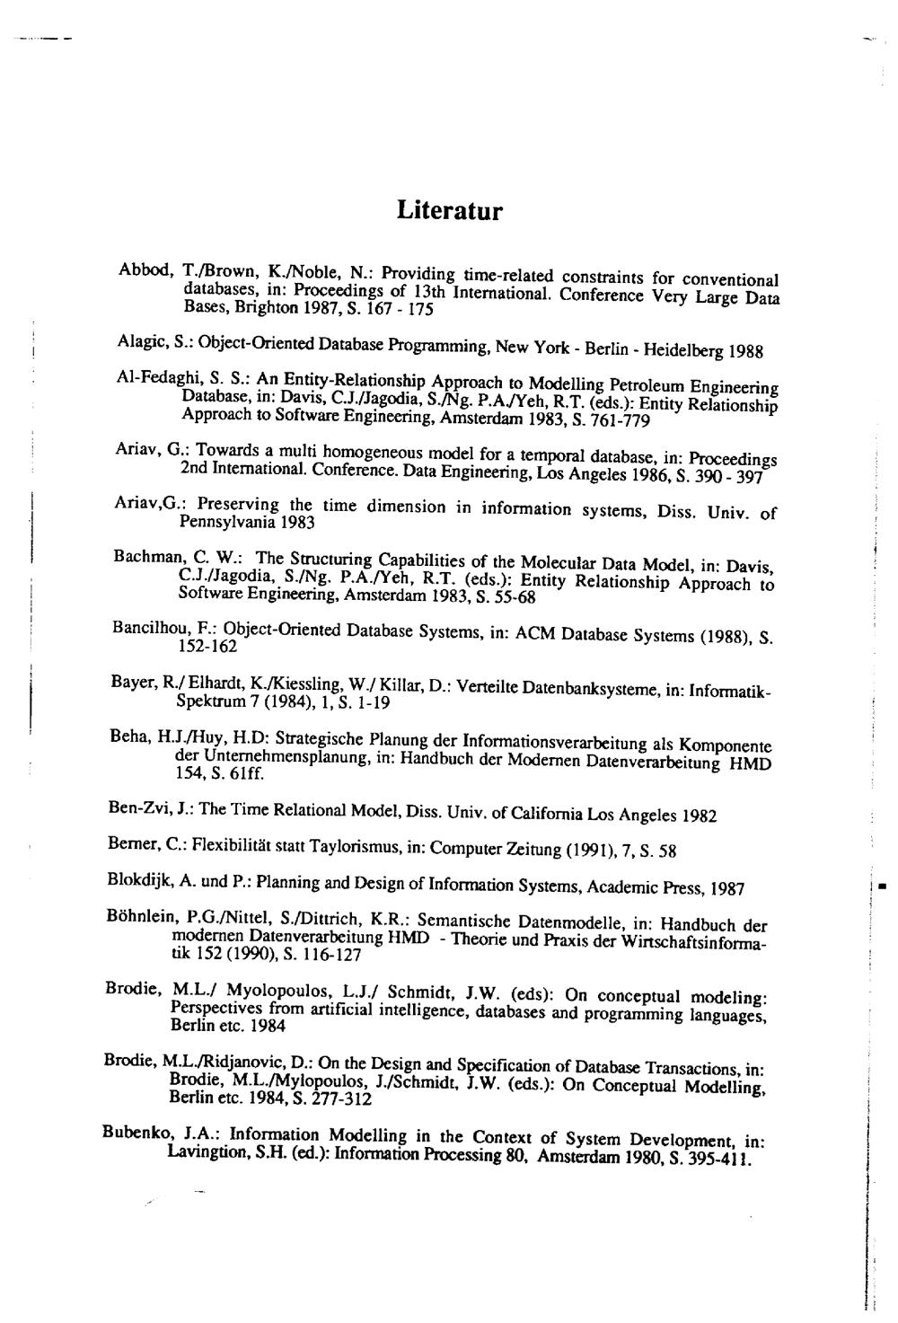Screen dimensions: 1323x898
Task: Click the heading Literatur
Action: pyautogui.click(x=449, y=211)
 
